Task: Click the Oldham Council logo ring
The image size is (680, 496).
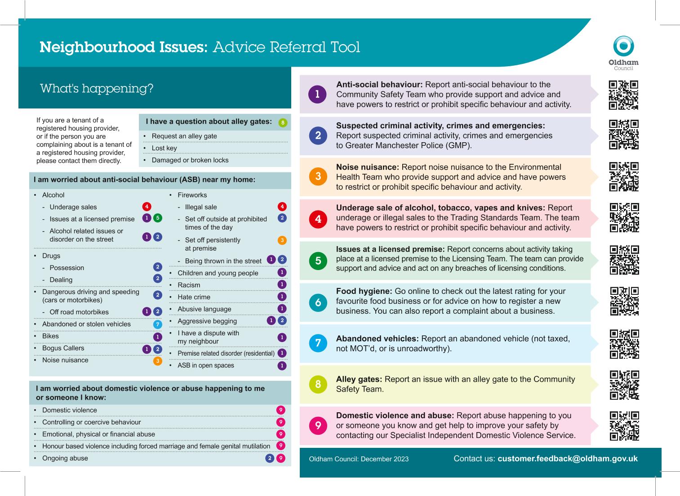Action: pyautogui.click(x=623, y=46)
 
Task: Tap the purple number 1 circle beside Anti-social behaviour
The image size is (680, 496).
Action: pyautogui.click(x=318, y=95)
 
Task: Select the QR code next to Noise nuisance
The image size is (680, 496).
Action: pyautogui.click(x=624, y=177)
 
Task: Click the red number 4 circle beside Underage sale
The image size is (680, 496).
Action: pyautogui.click(x=318, y=219)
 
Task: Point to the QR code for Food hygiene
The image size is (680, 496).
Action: pyautogui.click(x=624, y=301)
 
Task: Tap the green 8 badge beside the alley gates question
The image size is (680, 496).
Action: pyautogui.click(x=282, y=122)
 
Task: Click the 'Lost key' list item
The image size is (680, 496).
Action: pyautogui.click(x=164, y=148)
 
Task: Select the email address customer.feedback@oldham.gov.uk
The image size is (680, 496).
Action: pyautogui.click(x=567, y=459)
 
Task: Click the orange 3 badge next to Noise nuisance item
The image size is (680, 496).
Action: pyautogui.click(x=157, y=361)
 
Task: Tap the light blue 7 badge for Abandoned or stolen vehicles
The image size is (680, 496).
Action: pyautogui.click(x=157, y=324)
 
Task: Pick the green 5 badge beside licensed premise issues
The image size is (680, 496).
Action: pyautogui.click(x=157, y=218)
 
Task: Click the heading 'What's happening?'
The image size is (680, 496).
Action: pyautogui.click(x=97, y=88)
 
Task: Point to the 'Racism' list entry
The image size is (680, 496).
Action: pyautogui.click(x=189, y=285)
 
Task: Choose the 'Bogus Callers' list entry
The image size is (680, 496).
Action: pyautogui.click(x=63, y=348)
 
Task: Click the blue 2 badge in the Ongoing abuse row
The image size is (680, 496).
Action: pyautogui.click(x=270, y=458)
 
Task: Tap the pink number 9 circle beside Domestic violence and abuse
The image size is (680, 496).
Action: pyautogui.click(x=318, y=425)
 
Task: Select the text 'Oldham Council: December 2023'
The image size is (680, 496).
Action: pyautogui.click(x=359, y=459)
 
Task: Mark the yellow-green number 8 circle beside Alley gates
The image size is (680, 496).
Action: pyautogui.click(x=318, y=384)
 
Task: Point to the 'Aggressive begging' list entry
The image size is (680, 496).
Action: pyautogui.click(x=207, y=321)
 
